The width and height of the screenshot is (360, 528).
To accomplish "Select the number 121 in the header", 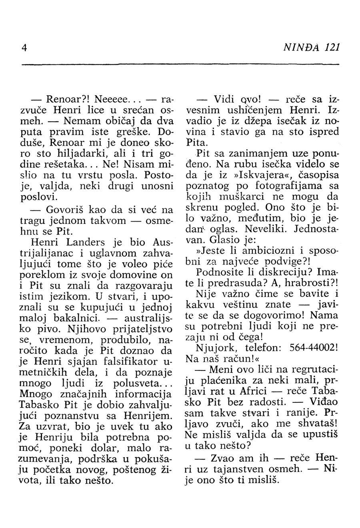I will click(x=332, y=47).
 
